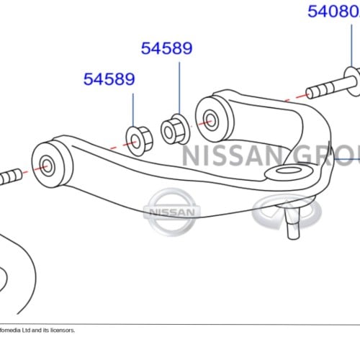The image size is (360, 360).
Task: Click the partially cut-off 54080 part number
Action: (x=333, y=12)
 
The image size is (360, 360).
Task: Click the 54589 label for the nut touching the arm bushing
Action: (x=166, y=48)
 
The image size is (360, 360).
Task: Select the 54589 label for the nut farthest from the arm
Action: (x=109, y=79)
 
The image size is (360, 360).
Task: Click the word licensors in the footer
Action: (x=59, y=330)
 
